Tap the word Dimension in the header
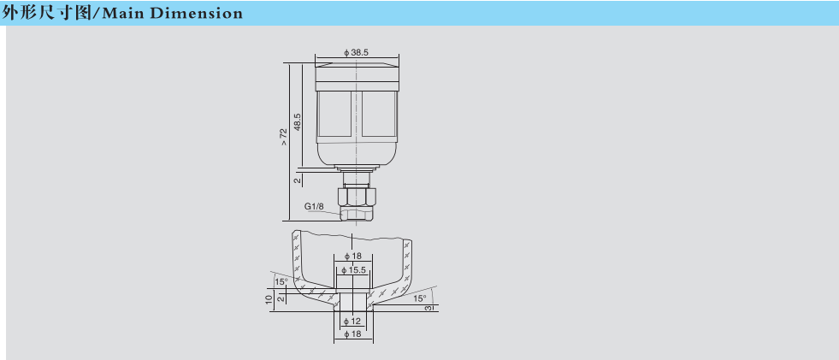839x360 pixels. point(197,14)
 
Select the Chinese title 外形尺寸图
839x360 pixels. point(46,13)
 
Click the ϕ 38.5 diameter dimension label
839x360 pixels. point(357,52)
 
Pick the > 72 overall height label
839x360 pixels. point(284,137)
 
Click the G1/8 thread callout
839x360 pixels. point(314,206)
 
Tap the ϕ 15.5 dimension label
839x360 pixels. point(355,270)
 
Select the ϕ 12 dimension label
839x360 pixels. point(353,321)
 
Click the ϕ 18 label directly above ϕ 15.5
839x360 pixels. point(353,257)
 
